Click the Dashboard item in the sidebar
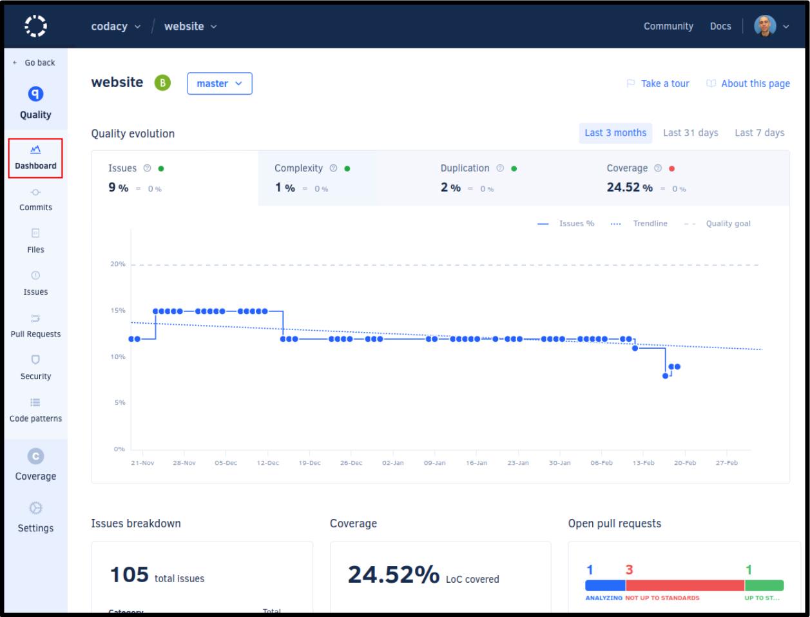coord(35,157)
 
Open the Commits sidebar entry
coord(35,199)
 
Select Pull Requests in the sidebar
coord(35,326)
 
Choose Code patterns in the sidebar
coord(35,410)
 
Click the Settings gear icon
coord(35,508)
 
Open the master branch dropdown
coord(220,84)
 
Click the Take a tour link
coord(658,84)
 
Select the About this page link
coord(748,84)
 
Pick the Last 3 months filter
coord(615,133)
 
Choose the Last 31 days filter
coord(690,133)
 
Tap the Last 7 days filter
coord(759,133)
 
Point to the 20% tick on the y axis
coord(117,264)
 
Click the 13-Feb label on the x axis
coord(643,463)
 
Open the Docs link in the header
coord(720,26)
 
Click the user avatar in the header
coord(765,26)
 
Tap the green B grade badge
coord(162,83)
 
